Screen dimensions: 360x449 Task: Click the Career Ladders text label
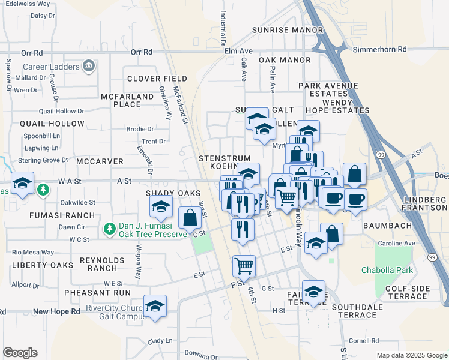(51, 67)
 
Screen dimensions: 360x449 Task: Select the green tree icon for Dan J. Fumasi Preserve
(109, 229)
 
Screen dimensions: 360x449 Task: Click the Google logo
(20, 353)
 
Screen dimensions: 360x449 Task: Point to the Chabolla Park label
(387, 270)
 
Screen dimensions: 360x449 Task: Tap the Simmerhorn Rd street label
(379, 49)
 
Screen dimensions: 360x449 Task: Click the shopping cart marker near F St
(244, 265)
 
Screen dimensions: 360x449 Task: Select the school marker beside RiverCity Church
(155, 307)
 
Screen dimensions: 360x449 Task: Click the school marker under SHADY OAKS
(161, 208)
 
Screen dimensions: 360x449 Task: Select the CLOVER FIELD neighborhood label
(157, 79)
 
